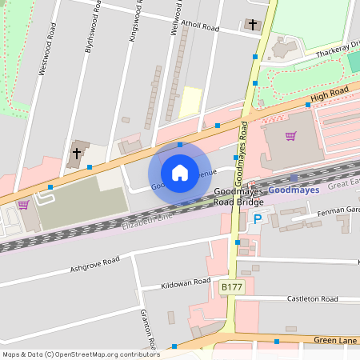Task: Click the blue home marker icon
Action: (180, 172)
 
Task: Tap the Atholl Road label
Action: (199, 26)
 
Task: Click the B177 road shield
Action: (231, 286)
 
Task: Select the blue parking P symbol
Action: (258, 218)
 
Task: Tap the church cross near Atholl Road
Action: (253, 25)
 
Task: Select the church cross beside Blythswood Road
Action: (78, 152)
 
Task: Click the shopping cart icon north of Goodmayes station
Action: (290, 136)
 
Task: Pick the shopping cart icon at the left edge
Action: (23, 204)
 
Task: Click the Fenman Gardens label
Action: (339, 210)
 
